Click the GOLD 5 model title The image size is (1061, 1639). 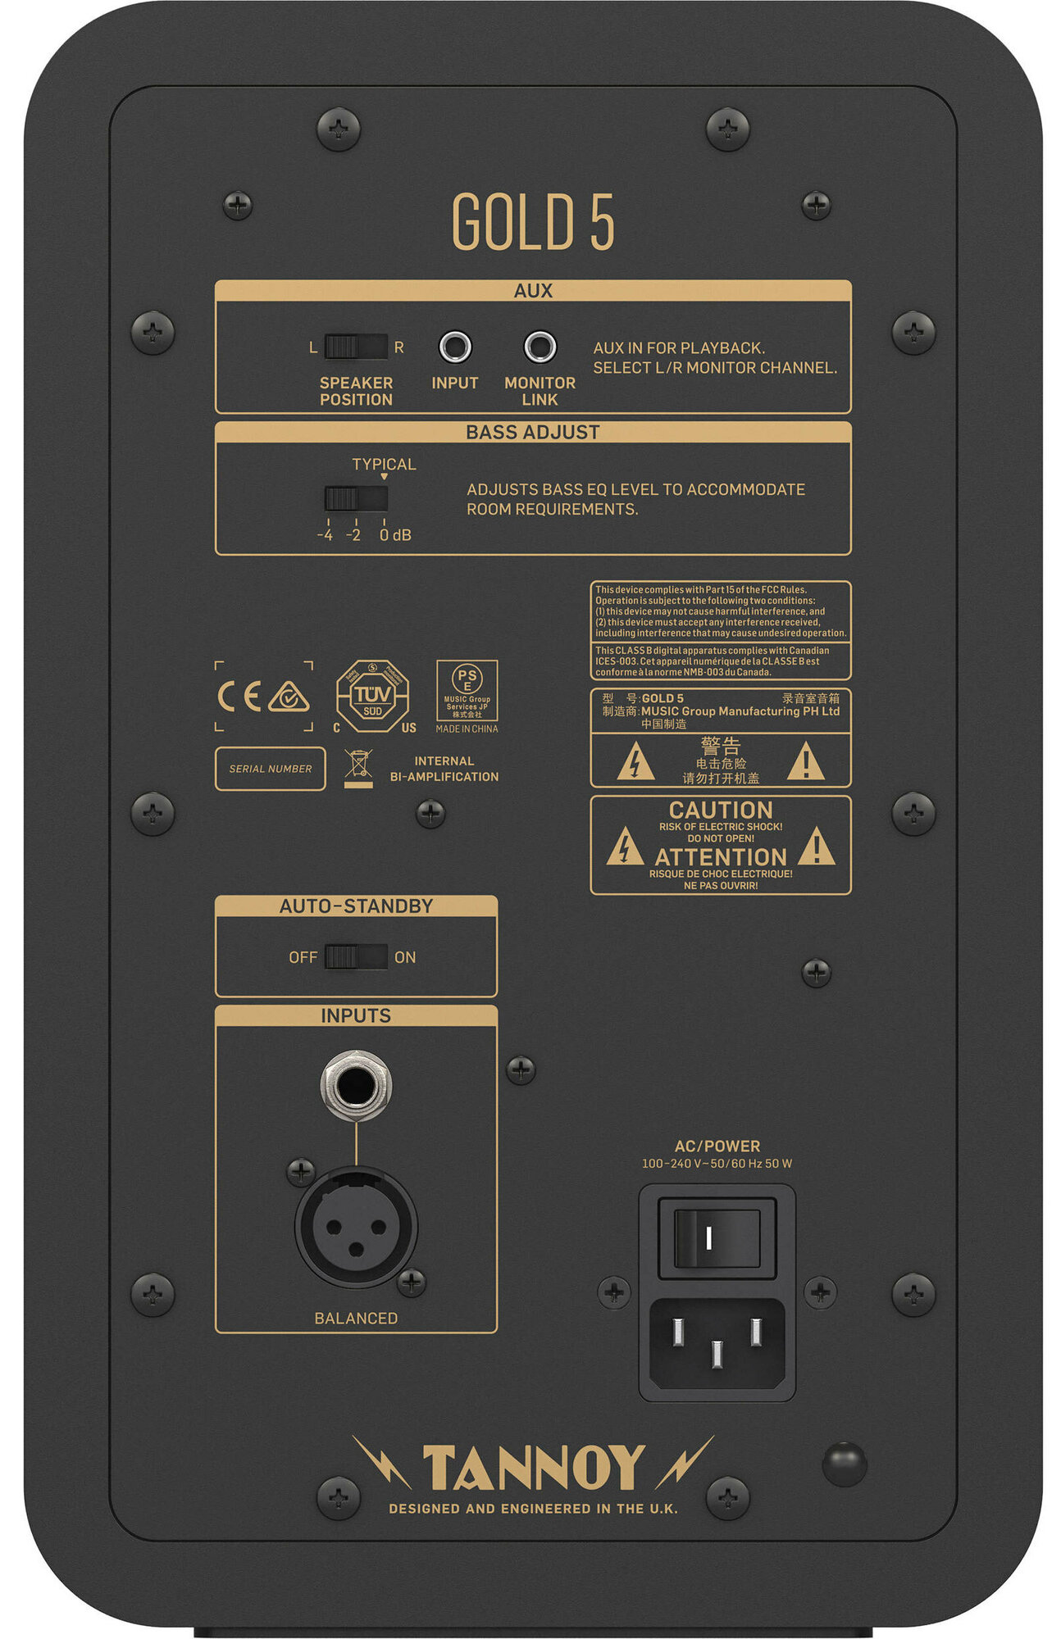pyautogui.click(x=532, y=221)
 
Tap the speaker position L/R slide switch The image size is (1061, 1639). pyautogui.click(x=355, y=347)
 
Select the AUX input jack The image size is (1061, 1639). pyautogui.click(x=455, y=347)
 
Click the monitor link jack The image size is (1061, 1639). pyautogui.click(x=540, y=347)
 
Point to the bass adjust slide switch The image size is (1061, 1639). pyautogui.click(x=355, y=498)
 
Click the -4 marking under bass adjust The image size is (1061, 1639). pyautogui.click(x=326, y=535)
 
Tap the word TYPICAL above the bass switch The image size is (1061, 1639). pyautogui.click(x=384, y=464)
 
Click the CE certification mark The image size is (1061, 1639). pyautogui.click(x=239, y=697)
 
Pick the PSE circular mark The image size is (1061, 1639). pyautogui.click(x=467, y=679)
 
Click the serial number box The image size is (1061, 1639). pyautogui.click(x=270, y=769)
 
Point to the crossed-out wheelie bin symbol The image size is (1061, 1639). pyautogui.click(x=358, y=766)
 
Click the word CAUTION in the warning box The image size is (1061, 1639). pyautogui.click(x=721, y=810)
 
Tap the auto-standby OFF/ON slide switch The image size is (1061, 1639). pyautogui.click(x=355, y=956)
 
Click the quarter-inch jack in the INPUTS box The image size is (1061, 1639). pyautogui.click(x=356, y=1086)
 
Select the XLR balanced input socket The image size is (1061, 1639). pyautogui.click(x=356, y=1227)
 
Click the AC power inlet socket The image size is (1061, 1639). pyautogui.click(x=717, y=1344)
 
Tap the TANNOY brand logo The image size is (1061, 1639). pyautogui.click(x=533, y=1467)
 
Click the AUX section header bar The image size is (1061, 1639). pyautogui.click(x=533, y=291)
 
